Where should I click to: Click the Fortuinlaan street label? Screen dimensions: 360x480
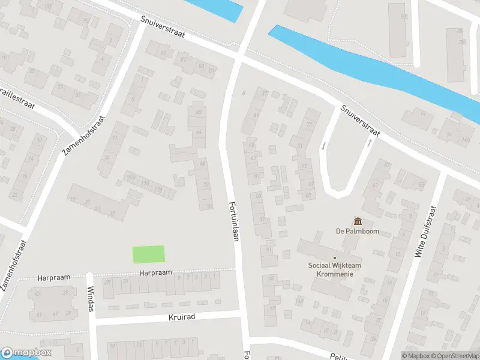(234, 221)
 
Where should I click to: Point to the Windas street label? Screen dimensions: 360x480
(91, 298)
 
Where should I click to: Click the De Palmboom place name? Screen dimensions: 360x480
(358, 232)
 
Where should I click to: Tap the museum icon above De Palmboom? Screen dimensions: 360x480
(358, 221)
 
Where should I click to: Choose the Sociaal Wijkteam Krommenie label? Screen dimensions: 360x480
(335, 269)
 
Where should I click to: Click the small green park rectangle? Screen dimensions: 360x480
(148, 254)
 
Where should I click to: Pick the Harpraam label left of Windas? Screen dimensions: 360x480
(55, 277)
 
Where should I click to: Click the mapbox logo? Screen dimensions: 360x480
(26, 352)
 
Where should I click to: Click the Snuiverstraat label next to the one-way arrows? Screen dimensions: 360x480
(359, 119)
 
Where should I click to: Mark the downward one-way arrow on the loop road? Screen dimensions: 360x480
(323, 146)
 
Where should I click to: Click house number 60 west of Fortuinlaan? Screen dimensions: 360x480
(198, 112)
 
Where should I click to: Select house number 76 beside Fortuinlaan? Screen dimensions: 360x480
(209, 206)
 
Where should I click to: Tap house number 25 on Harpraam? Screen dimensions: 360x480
(108, 283)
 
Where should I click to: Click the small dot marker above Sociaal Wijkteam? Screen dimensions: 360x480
(335, 258)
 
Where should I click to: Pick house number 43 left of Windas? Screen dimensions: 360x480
(37, 293)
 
